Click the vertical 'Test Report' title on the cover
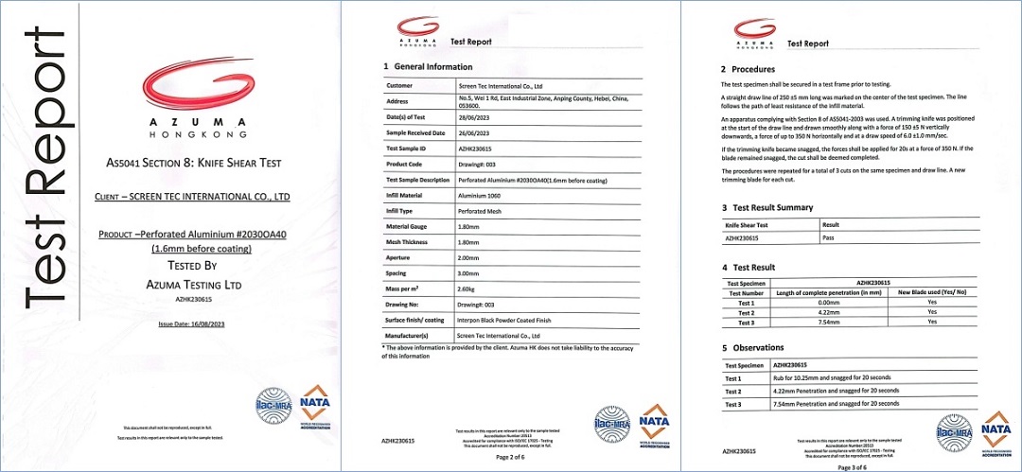tap(47, 168)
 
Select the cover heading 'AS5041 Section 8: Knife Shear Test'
tap(194, 163)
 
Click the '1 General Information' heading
tap(427, 67)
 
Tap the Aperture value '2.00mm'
tap(468, 255)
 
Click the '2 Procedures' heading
tap(748, 69)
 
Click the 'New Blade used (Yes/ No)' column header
tap(932, 292)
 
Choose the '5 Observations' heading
tap(754, 348)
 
